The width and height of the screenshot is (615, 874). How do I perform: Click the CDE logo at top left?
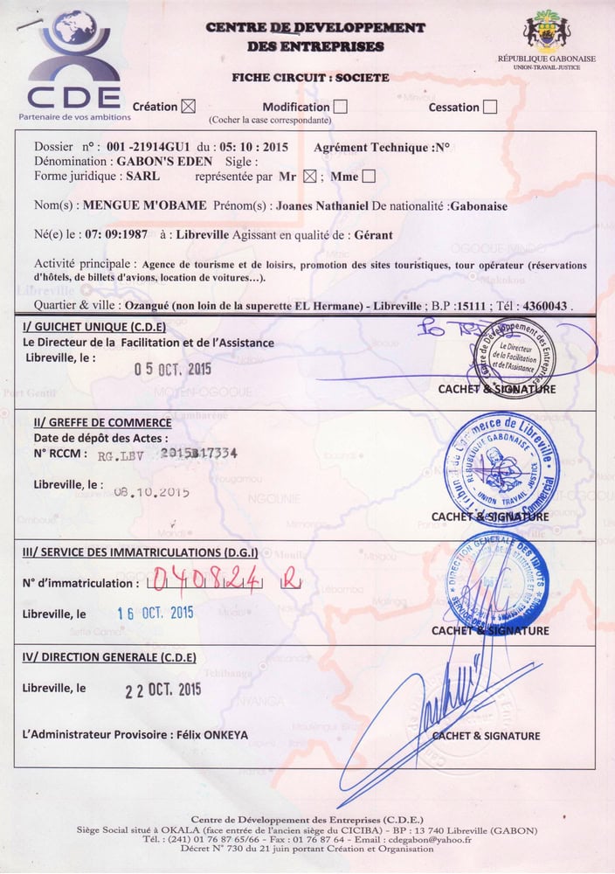pyautogui.click(x=73, y=61)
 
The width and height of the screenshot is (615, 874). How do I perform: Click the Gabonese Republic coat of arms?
pyautogui.click(x=546, y=32)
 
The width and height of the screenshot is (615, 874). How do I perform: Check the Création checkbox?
pyautogui.click(x=188, y=107)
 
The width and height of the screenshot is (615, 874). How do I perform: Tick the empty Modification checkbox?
pyautogui.click(x=341, y=107)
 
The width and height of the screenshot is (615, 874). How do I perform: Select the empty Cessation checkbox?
pyautogui.click(x=490, y=107)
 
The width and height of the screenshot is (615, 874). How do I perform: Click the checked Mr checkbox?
pyautogui.click(x=308, y=177)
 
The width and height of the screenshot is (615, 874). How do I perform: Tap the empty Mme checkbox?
pyautogui.click(x=369, y=177)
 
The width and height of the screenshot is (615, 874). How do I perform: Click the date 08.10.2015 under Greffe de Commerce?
pyautogui.click(x=151, y=492)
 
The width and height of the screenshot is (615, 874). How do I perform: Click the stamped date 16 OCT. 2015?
pyautogui.click(x=155, y=613)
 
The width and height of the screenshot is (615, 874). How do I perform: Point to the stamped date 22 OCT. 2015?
pyautogui.click(x=162, y=690)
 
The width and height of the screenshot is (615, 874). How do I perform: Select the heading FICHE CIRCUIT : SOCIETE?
pyautogui.click(x=310, y=78)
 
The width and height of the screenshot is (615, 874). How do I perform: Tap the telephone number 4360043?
pyautogui.click(x=544, y=307)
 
